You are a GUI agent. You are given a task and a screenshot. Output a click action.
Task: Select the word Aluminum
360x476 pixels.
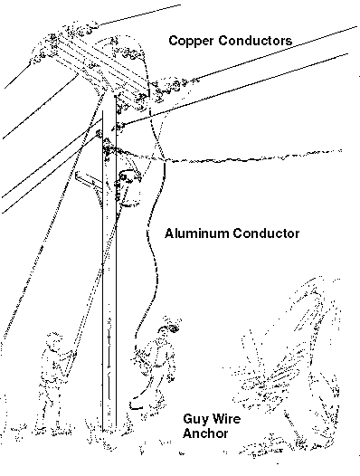[197, 233]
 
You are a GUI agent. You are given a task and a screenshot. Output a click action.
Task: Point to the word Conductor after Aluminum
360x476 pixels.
[266, 233]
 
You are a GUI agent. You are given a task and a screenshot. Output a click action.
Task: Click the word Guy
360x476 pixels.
[195, 420]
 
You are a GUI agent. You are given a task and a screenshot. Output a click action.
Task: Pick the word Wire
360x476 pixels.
[226, 419]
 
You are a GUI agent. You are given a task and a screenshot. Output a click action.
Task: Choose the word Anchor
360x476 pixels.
[205, 433]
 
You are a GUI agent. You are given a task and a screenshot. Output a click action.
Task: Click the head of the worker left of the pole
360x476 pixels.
[54, 339]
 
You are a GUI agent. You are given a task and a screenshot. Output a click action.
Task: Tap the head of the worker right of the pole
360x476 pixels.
[166, 329]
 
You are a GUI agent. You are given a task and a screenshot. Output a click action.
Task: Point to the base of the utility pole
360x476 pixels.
[109, 428]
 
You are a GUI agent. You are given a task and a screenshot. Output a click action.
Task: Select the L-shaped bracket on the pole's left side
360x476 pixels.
[88, 179]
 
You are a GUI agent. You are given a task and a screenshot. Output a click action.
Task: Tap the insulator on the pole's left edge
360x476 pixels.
[99, 133]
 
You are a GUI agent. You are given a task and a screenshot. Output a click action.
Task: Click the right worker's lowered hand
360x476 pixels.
[171, 377]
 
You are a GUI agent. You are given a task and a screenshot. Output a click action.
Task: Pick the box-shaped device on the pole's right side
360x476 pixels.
[130, 188]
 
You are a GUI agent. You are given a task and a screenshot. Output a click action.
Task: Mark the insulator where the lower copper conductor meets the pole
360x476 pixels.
[118, 127]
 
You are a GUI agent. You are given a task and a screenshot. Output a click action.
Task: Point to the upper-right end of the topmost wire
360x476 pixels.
[181, 5]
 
